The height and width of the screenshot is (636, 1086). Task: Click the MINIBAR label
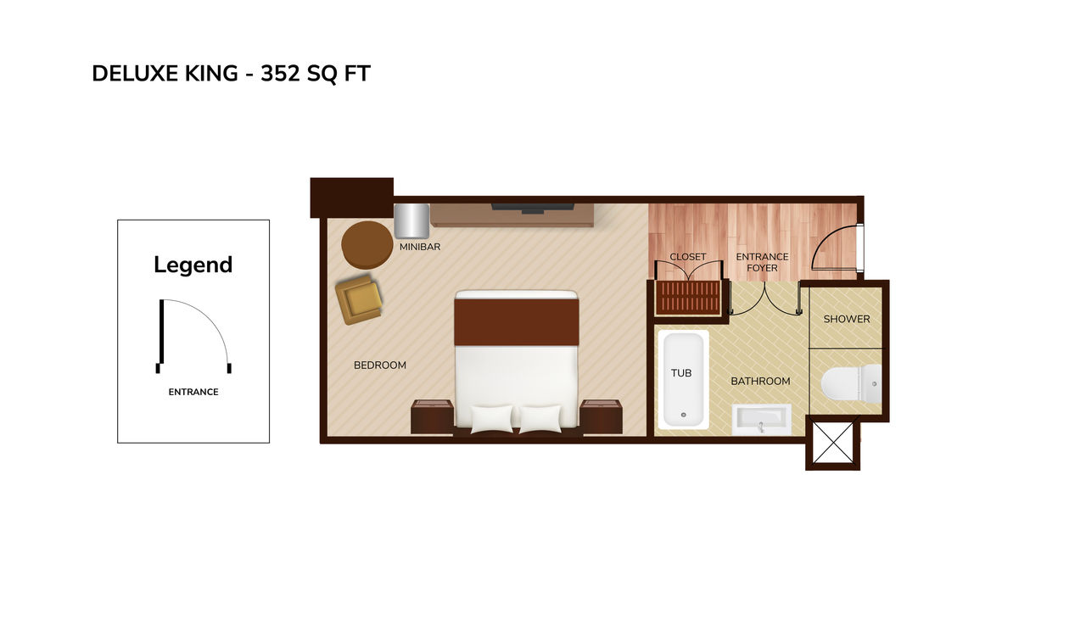coord(420,247)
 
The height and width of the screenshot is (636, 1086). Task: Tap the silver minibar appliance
coord(411,221)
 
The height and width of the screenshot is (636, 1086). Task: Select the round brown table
coord(367,245)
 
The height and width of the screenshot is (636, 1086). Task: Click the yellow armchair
coord(359,299)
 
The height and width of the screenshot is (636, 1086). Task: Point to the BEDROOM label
coord(380,365)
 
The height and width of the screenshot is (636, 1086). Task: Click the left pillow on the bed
coord(492,419)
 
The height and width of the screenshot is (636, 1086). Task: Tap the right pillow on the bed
coord(540,419)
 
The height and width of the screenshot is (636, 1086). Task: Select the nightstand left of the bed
coord(432,417)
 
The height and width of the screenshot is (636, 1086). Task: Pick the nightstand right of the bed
coord(602,417)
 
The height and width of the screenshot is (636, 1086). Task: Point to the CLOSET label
coord(688,257)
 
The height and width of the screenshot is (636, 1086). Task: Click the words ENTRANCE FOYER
coord(762,262)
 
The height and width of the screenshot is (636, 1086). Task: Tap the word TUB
coord(681,373)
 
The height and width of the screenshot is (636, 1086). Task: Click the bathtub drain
coord(684,415)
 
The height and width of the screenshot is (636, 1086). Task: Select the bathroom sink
coord(761,420)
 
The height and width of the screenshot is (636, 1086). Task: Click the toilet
coord(852,384)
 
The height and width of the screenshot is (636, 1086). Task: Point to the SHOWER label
coord(847,319)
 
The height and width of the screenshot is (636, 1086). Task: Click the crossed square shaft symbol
coord(833,443)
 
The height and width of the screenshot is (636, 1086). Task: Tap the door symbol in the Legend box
coord(193,337)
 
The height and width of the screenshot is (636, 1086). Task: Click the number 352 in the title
coord(280,74)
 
